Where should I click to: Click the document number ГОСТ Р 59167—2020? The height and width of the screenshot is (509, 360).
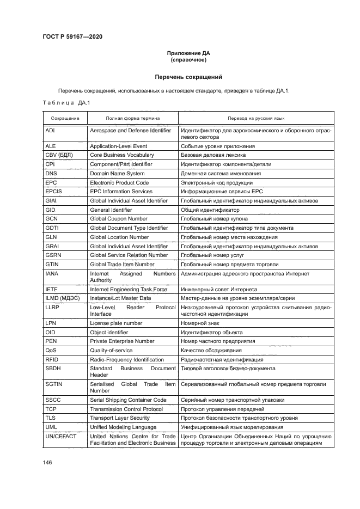tap(72, 36)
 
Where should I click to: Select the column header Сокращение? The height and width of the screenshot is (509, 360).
tap(65, 118)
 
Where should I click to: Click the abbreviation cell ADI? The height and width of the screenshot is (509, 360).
tap(50, 131)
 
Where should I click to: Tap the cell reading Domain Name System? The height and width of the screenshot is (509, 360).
tap(118, 173)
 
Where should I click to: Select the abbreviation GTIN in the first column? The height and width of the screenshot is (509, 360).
tap(52, 265)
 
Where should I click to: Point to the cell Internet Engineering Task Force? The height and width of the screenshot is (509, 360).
tap(129, 289)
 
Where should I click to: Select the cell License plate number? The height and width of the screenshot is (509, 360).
tap(116, 323)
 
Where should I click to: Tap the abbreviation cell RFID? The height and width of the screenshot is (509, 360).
tap(52, 359)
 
